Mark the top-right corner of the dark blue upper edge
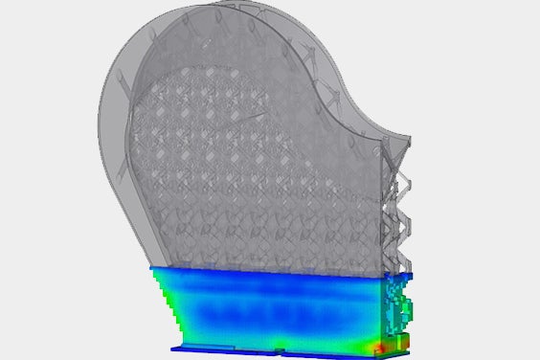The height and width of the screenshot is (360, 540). click(411, 276)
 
